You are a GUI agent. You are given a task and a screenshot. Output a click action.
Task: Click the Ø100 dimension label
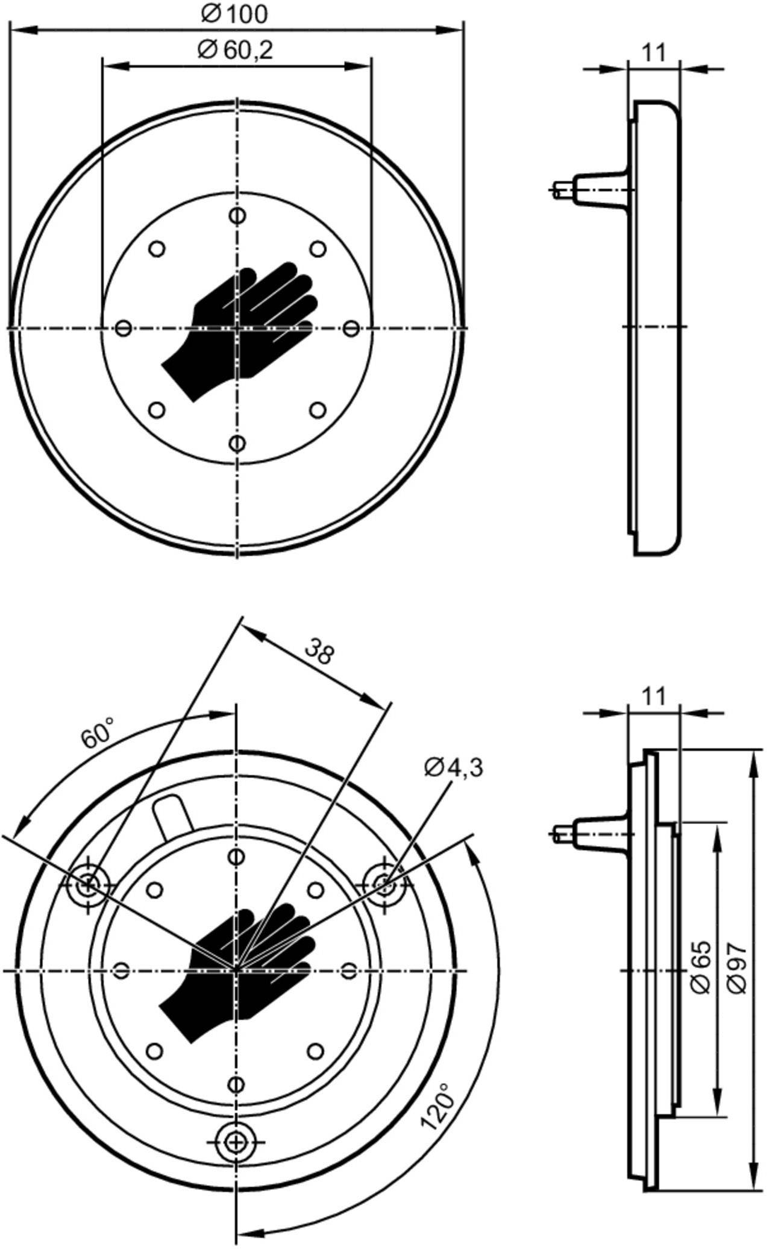[234, 14]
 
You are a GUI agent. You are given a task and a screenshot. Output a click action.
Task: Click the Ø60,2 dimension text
[235, 51]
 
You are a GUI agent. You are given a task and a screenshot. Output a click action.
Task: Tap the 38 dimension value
[318, 652]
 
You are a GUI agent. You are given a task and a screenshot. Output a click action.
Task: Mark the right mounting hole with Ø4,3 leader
[384, 885]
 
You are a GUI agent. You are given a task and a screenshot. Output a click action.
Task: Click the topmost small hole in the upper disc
[238, 215]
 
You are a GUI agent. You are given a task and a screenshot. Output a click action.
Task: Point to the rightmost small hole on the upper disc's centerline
[351, 329]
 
